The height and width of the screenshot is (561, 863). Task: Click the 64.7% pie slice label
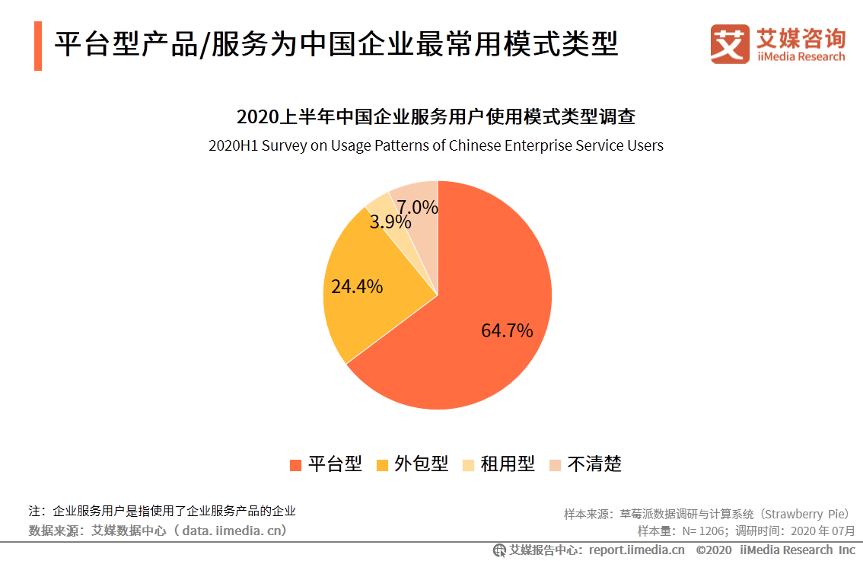(x=507, y=331)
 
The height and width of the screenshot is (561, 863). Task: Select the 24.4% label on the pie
(x=356, y=287)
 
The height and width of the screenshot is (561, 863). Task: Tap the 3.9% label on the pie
(x=390, y=222)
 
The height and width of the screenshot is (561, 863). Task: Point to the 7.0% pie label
(x=417, y=207)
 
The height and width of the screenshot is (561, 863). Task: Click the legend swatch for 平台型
(x=295, y=464)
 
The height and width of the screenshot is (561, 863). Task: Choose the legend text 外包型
(x=421, y=464)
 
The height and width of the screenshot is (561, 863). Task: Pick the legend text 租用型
(x=508, y=464)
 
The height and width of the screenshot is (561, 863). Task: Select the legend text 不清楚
(x=594, y=464)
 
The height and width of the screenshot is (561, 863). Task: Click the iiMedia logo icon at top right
(x=730, y=44)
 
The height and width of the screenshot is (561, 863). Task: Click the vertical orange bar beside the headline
(x=37, y=46)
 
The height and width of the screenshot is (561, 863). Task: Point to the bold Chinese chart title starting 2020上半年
(x=436, y=118)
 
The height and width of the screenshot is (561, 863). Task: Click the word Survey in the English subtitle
(x=285, y=145)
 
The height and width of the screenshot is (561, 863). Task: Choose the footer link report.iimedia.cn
(x=636, y=550)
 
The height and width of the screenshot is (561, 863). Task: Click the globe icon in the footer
(x=499, y=550)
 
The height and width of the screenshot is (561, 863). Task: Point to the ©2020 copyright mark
(x=713, y=550)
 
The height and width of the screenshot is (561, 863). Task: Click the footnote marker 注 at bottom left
(x=33, y=511)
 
